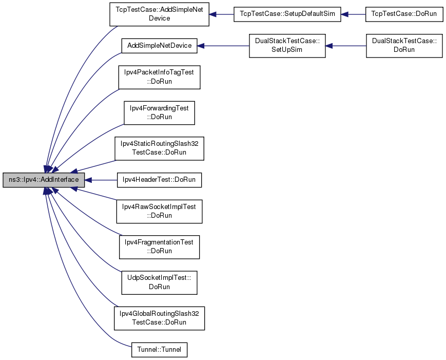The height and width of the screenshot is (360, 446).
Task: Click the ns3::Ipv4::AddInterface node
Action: point(44,180)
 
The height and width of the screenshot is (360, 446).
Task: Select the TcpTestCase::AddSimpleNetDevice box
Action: point(159,14)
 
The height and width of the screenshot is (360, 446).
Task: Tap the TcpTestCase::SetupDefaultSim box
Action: point(287,14)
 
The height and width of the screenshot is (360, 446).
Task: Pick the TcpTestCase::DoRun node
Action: point(404,14)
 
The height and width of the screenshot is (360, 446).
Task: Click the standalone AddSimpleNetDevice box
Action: point(159,46)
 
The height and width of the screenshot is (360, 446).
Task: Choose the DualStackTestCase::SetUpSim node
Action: point(287,46)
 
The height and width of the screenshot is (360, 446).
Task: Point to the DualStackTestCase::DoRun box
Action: point(404,46)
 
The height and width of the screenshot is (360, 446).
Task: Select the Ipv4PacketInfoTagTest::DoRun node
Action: point(159,77)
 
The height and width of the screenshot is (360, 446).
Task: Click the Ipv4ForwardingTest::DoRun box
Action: point(159,112)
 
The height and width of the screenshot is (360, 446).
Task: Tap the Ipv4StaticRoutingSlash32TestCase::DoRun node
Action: point(159,148)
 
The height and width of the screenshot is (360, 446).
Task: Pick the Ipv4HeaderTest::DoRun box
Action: point(159,180)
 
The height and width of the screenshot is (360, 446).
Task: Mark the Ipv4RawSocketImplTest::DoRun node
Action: point(159,212)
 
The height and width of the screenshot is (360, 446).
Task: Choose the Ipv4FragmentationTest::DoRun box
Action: point(159,247)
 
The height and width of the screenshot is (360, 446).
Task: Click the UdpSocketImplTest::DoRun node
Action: point(159,282)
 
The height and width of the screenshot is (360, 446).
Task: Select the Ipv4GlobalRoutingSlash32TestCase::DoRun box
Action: point(159,318)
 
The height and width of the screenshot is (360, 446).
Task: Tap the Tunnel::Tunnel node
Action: point(159,350)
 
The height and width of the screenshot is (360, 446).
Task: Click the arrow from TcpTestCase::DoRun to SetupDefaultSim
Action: point(353,14)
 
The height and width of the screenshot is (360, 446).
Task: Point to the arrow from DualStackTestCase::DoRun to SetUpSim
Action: point(345,46)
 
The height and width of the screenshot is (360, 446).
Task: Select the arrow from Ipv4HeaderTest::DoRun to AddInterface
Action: point(101,180)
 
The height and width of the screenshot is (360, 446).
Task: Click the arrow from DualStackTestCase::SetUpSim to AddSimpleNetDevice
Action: point(223,46)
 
